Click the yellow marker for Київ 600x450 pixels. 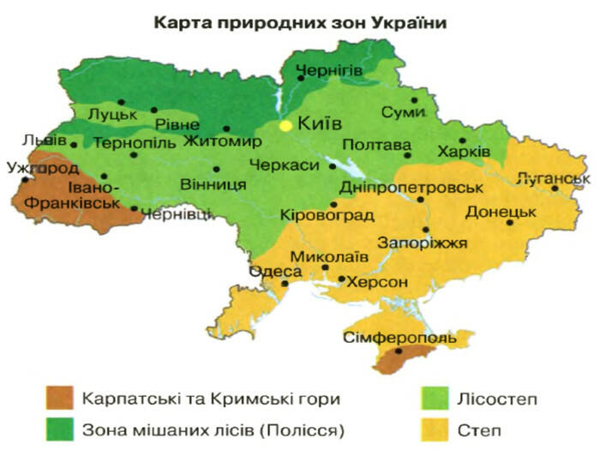pyautogui.click(x=285, y=125)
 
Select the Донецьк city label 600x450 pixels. pyautogui.click(x=501, y=211)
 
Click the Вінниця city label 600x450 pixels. pyautogui.click(x=213, y=184)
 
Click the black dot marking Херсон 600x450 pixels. pyautogui.click(x=341, y=279)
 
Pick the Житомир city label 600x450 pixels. pyautogui.click(x=220, y=141)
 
